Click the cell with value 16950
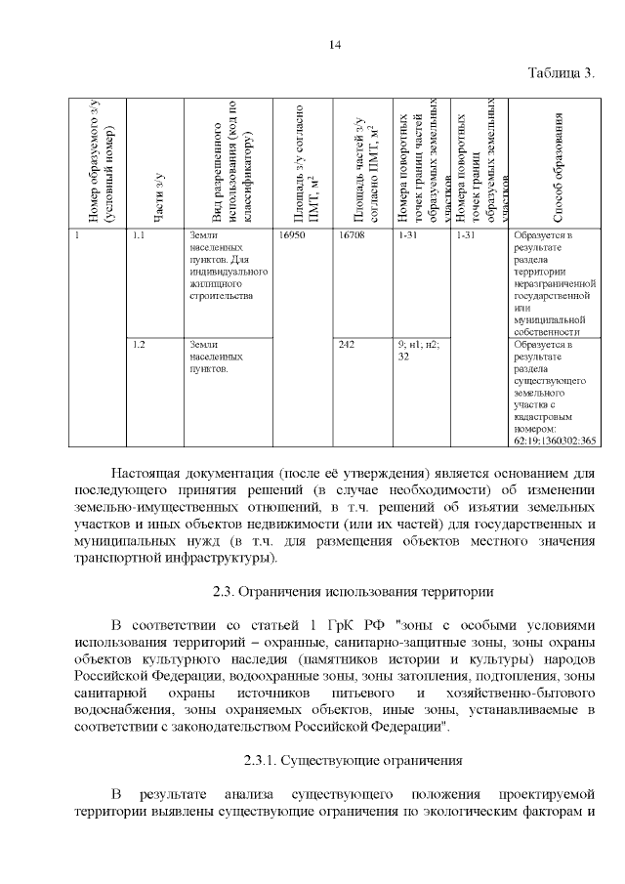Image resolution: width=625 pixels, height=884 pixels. coord(292,235)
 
